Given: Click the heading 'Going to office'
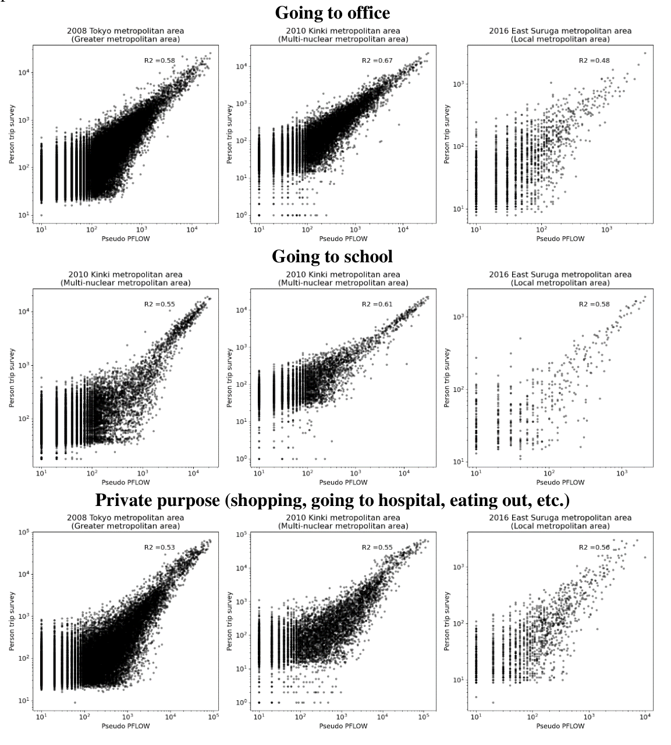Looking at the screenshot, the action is [332, 13].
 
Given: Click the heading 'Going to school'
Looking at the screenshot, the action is [332, 256].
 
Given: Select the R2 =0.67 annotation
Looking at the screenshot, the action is [377, 60].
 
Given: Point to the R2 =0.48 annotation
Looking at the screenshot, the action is [594, 60].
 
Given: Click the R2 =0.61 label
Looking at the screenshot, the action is [377, 304].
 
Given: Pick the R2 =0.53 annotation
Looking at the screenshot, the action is [159, 547].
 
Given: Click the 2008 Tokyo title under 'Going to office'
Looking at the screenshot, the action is [126, 35].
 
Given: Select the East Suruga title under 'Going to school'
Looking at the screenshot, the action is [560, 279].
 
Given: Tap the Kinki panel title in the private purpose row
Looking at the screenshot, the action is [343, 522].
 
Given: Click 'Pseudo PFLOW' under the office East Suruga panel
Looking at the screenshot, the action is [560, 239].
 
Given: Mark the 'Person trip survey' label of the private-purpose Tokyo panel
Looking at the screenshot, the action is [12, 621].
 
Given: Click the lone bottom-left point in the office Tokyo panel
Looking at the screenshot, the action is [42, 215].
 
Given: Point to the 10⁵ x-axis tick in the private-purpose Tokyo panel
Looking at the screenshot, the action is [214, 717].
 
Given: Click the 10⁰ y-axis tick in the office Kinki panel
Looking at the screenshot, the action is [242, 215].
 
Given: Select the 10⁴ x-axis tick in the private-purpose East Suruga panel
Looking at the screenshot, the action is [645, 717].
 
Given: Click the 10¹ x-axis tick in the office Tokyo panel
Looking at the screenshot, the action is [42, 230].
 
